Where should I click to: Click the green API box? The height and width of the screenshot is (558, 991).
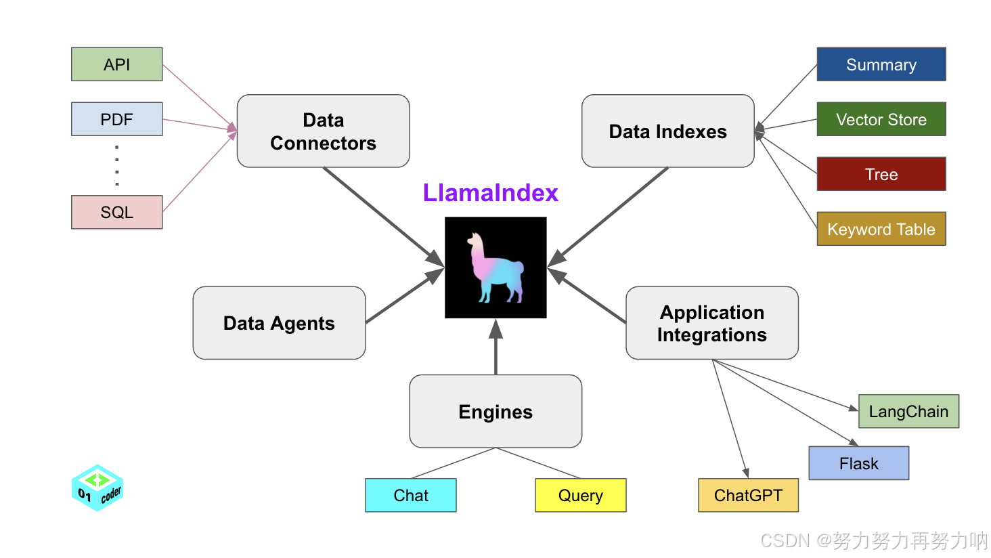click(x=117, y=64)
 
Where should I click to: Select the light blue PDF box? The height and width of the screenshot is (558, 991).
click(x=117, y=119)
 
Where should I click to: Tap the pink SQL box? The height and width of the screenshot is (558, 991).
click(x=117, y=212)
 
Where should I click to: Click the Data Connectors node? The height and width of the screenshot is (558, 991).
click(x=323, y=131)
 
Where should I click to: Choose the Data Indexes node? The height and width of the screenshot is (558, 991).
click(x=667, y=131)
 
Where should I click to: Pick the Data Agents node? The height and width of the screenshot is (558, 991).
click(x=279, y=323)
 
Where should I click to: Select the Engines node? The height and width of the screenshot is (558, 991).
click(x=495, y=412)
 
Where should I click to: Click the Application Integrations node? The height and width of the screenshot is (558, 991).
click(x=711, y=323)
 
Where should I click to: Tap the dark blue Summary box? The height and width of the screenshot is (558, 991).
click(x=881, y=64)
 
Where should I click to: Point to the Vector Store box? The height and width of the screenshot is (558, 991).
click(x=881, y=119)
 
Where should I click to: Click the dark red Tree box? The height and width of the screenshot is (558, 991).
click(x=881, y=174)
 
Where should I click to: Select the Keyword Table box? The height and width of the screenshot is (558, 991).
click(x=881, y=229)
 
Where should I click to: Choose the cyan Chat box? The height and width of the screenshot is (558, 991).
click(x=411, y=495)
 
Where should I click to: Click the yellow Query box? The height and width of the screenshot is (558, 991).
click(x=580, y=495)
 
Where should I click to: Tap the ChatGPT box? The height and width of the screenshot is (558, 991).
click(x=748, y=495)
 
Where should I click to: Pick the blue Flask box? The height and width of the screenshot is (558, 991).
click(x=858, y=463)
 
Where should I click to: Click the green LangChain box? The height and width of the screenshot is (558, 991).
click(x=908, y=411)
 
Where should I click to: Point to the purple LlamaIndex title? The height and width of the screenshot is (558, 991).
click(x=490, y=193)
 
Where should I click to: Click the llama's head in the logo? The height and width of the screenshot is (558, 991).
click(x=476, y=241)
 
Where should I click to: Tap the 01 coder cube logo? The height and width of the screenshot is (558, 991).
click(x=97, y=488)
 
